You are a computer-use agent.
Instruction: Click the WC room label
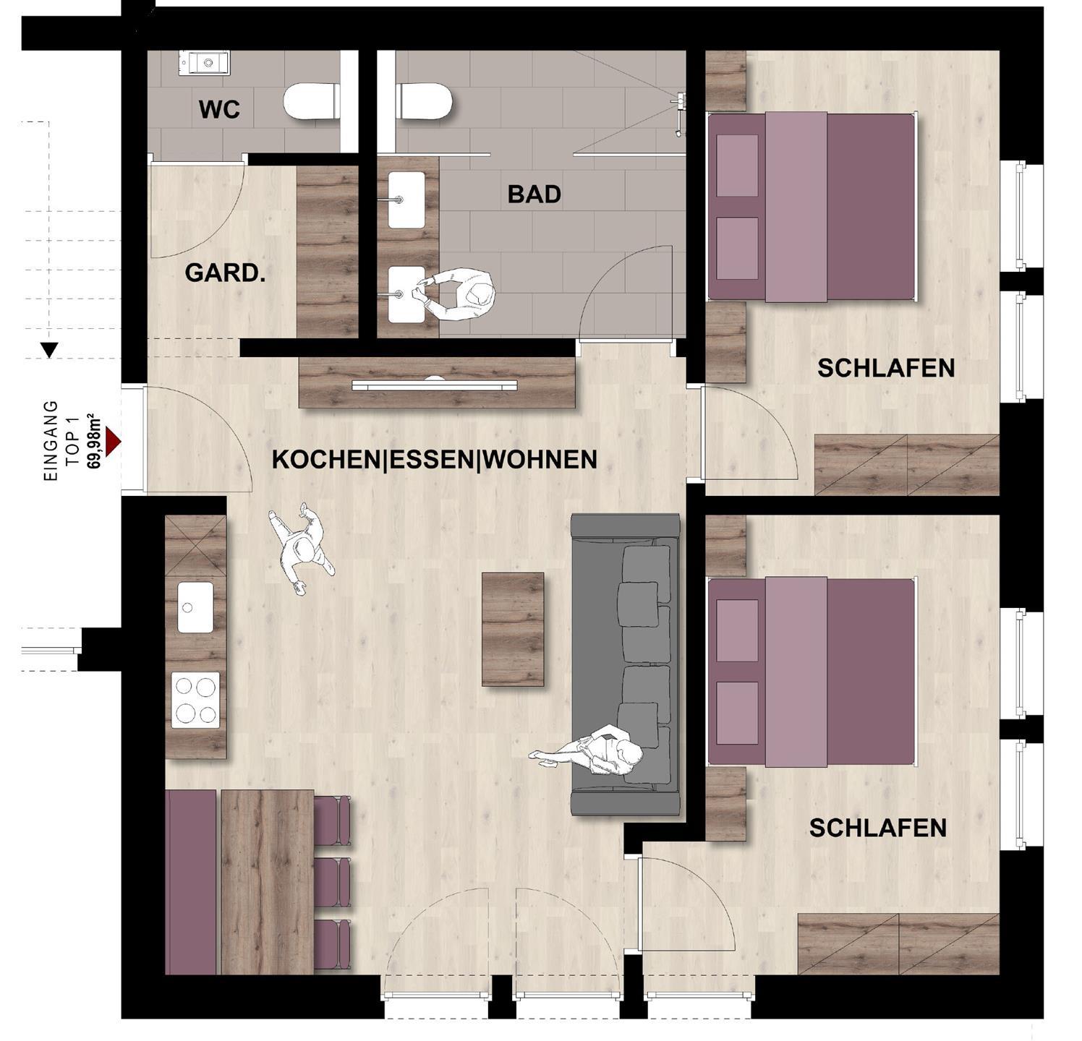[219, 110]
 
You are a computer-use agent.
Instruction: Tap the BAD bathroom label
[534, 194]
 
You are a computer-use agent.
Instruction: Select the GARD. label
[225, 273]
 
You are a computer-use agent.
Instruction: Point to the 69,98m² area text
[93, 442]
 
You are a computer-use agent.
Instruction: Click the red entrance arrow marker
[113, 441]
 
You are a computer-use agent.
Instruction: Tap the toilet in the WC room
[312, 101]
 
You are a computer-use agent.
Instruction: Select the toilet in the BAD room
[425, 101]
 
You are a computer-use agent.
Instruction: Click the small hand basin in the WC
[204, 63]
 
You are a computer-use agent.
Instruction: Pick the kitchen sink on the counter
[195, 607]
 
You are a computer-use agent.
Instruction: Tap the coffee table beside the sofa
[513, 629]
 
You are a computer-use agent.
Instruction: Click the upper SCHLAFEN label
[886, 368]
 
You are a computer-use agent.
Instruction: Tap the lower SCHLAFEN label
[878, 828]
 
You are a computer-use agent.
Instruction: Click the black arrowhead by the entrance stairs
[49, 350]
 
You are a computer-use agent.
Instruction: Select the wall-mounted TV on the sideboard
[435, 385]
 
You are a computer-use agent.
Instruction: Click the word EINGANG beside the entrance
[51, 441]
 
